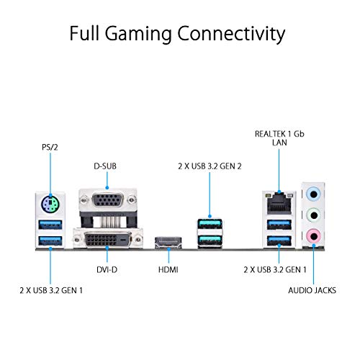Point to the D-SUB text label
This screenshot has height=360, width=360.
[106, 166]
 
